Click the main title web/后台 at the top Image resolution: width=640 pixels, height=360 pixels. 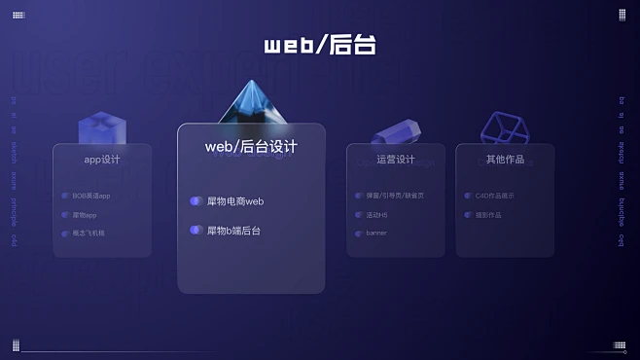(319, 45)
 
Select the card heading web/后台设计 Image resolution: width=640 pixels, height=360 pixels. (251, 146)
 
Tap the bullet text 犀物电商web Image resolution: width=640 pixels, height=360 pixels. (235, 201)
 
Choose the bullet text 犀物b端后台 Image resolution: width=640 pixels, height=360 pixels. (233, 231)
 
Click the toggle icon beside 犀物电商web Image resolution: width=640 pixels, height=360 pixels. (196, 201)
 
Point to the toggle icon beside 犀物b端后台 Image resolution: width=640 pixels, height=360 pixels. (196, 231)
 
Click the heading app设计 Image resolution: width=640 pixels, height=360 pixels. (102, 160)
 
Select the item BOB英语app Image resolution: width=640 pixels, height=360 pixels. (91, 196)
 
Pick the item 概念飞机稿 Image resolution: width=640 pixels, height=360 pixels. (89, 234)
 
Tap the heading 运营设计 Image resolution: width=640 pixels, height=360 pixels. (396, 160)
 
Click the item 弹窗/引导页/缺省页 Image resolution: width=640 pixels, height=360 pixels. (395, 196)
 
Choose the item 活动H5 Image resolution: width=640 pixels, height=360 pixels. (376, 215)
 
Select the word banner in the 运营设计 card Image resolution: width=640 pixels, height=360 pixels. (376, 234)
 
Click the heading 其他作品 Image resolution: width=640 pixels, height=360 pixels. (505, 160)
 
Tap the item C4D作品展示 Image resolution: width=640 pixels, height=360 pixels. (495, 196)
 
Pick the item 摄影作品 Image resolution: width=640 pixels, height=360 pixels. (488, 215)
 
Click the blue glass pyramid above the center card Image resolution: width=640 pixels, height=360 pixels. (252, 104)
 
